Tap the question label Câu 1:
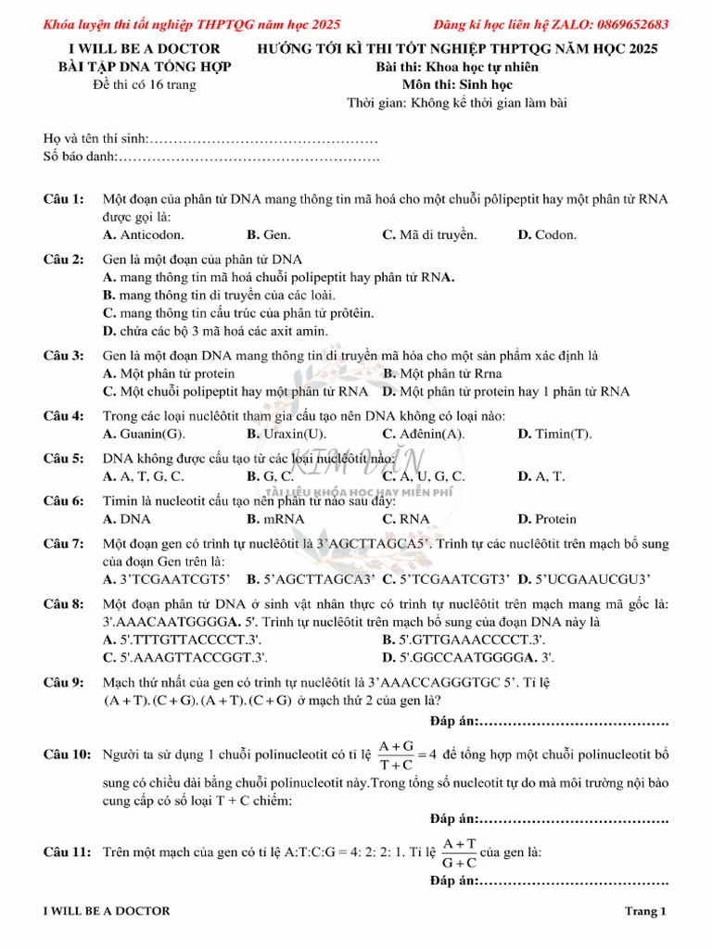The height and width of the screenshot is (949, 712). [64, 199]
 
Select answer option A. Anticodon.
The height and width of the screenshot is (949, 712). [144, 235]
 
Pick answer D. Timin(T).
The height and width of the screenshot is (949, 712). [554, 434]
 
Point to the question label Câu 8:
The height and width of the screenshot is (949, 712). [64, 604]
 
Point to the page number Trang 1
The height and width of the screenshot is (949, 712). [645, 911]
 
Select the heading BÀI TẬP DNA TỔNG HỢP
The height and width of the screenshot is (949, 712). [145, 67]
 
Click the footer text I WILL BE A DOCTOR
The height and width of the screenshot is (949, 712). [107, 911]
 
